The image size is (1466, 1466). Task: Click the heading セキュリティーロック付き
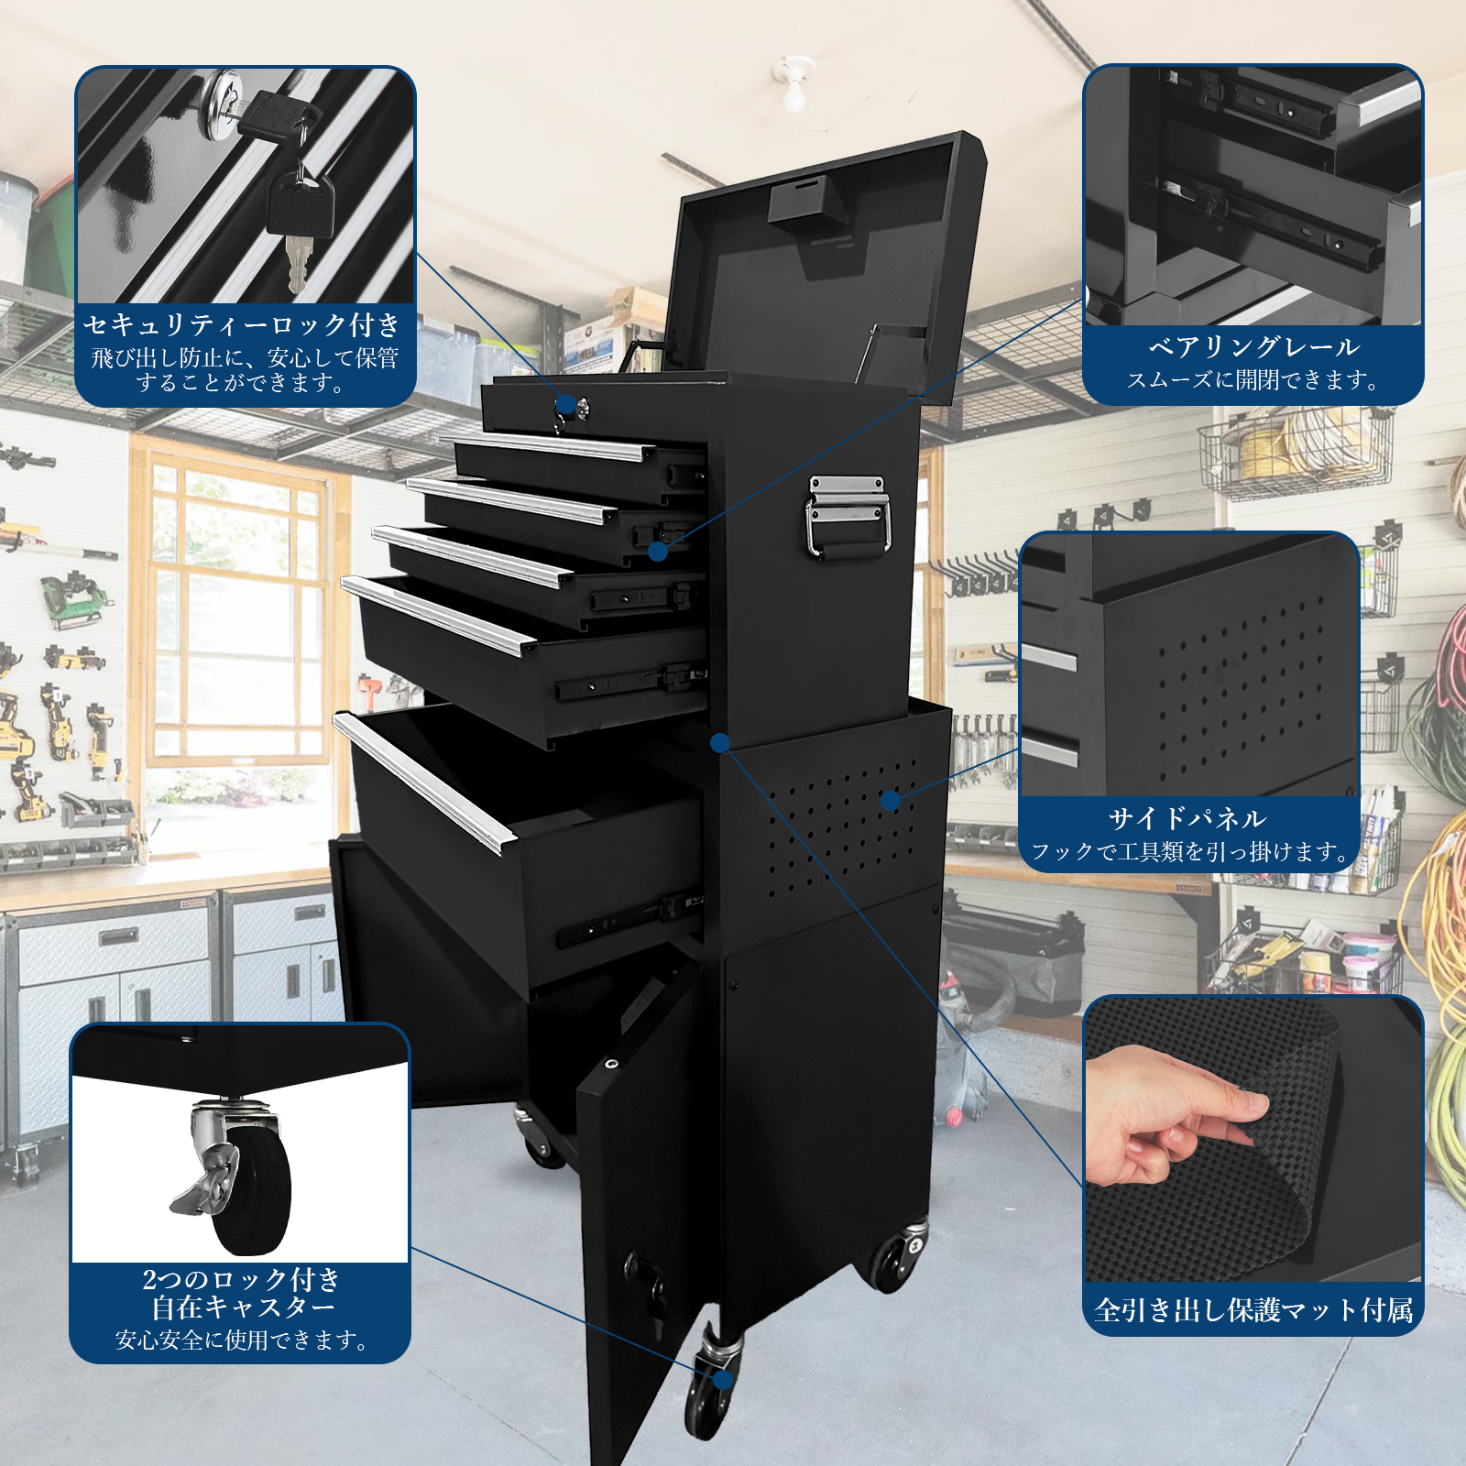click(x=242, y=324)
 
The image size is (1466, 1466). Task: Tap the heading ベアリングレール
click(x=1253, y=347)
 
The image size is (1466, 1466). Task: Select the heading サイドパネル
click(x=1187, y=818)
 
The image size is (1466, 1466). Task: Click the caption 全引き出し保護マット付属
click(x=1253, y=1310)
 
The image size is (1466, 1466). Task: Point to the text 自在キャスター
click(x=243, y=1307)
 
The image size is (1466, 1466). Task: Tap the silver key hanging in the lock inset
click(x=297, y=261)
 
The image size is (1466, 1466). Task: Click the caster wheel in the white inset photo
click(x=240, y=1182)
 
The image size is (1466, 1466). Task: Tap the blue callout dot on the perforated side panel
click(x=891, y=801)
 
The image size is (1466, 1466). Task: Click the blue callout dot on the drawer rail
click(x=658, y=551)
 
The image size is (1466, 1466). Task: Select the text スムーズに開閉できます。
click(x=1253, y=380)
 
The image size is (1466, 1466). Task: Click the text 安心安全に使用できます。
click(x=243, y=1340)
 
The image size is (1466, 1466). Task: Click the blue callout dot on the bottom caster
click(x=723, y=1379)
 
